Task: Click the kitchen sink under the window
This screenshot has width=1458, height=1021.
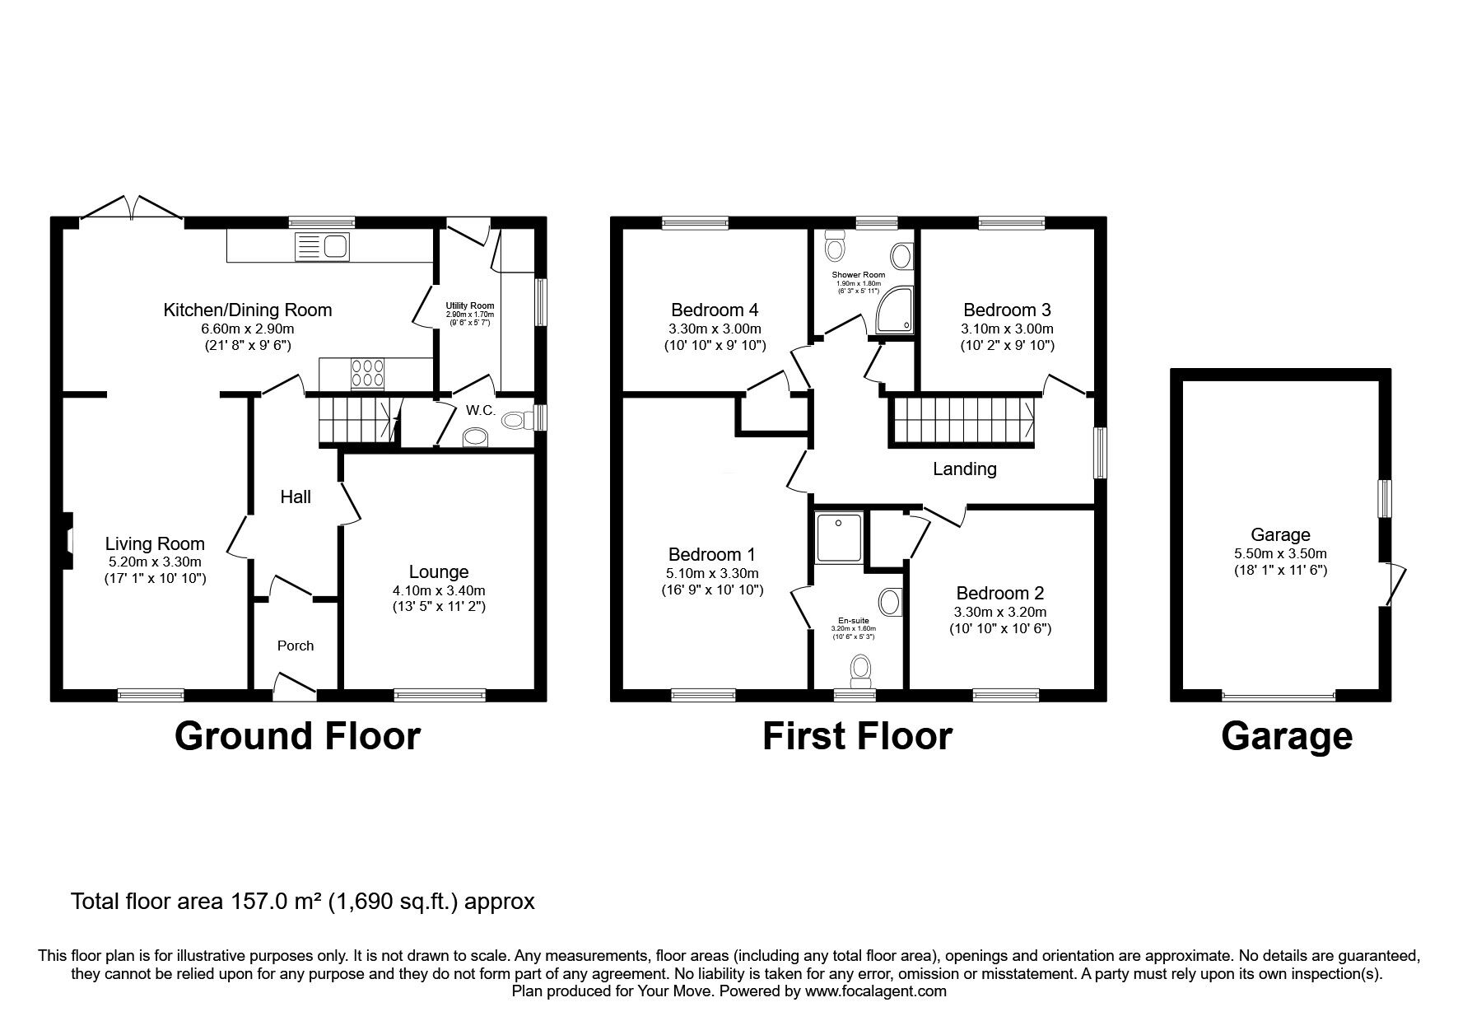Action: (322, 246)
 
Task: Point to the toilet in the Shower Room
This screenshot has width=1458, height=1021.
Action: (836, 245)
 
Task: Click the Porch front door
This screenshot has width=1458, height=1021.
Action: (295, 685)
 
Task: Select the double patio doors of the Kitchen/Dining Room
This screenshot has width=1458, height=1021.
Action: (132, 207)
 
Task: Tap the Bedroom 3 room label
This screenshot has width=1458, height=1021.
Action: (1007, 310)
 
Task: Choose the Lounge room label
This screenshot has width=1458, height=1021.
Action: (439, 571)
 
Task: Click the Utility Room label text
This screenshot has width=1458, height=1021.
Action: (470, 305)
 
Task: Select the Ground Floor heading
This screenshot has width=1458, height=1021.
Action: (297, 735)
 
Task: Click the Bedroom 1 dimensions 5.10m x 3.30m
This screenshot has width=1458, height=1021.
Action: (713, 573)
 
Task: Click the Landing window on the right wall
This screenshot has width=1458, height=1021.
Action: (1100, 452)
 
